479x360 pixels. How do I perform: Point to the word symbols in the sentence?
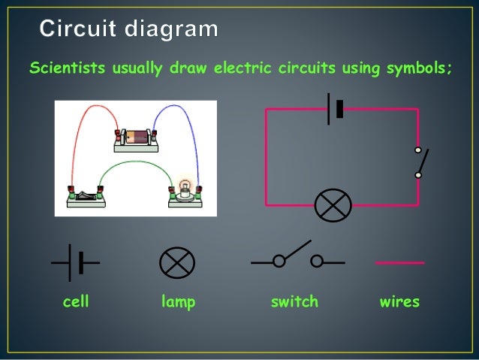420,69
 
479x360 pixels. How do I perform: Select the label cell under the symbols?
75,302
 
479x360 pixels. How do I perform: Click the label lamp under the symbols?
178,302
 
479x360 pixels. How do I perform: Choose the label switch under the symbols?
294,302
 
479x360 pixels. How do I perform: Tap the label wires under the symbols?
399,302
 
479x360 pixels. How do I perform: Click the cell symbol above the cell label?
76,262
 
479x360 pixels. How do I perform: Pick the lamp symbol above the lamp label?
177,262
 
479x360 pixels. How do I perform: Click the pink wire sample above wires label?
399,262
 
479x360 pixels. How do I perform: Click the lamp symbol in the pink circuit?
333,204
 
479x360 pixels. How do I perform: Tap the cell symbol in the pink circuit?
335,109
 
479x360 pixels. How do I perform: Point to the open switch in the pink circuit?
420,162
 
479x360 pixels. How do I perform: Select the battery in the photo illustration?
137,138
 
